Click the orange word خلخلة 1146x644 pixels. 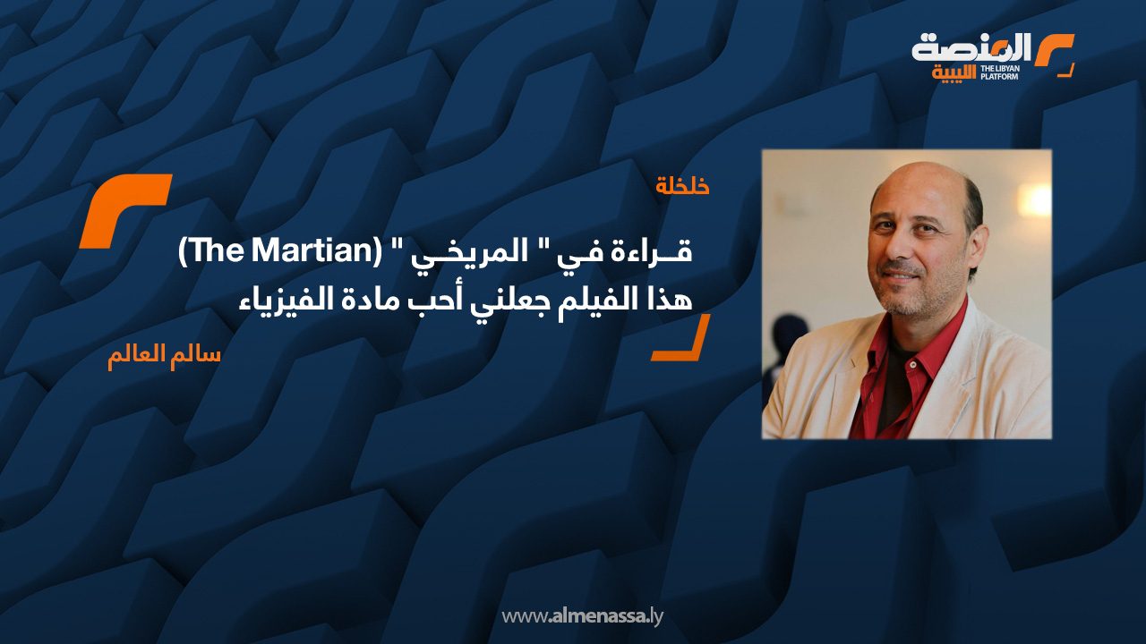[x=682, y=186]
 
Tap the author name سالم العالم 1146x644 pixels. [x=164, y=355]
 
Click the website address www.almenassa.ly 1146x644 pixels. [x=582, y=616]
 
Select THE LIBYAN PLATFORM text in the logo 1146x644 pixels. [x=999, y=72]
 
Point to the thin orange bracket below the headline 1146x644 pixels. [x=681, y=338]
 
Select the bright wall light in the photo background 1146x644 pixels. [x=1034, y=200]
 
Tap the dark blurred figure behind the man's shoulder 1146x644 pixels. [x=791, y=337]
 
